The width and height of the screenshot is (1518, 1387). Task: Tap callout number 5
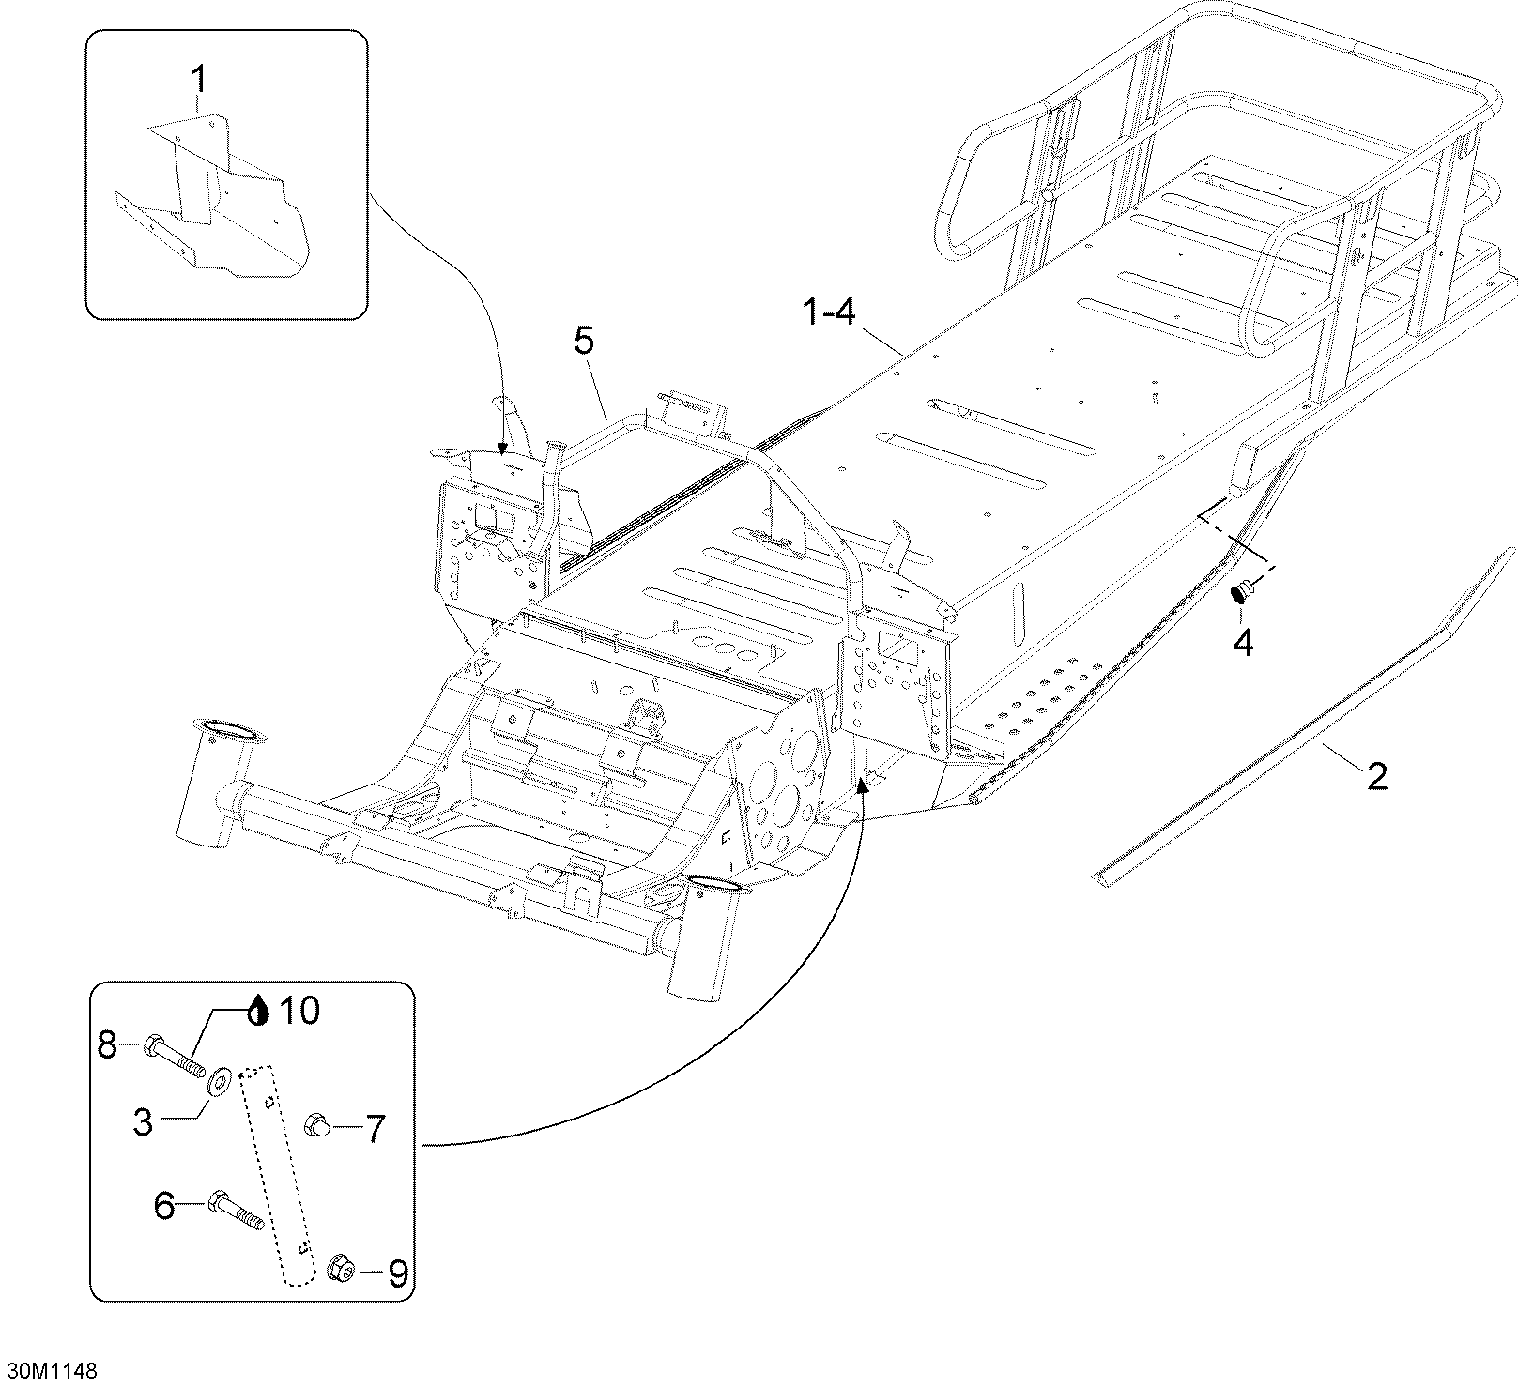tap(584, 342)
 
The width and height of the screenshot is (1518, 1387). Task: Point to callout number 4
tap(1242, 643)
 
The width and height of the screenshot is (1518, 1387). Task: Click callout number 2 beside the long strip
tap(1376, 776)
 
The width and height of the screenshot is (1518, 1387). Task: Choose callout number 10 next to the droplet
tap(299, 1011)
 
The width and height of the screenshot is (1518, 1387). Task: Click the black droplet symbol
tap(260, 1012)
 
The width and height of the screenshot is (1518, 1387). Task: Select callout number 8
tap(108, 1044)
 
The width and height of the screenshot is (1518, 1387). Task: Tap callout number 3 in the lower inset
tap(143, 1122)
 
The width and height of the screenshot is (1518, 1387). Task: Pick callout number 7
tap(375, 1129)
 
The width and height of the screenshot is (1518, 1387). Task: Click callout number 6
tap(164, 1205)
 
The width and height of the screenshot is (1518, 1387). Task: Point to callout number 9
tap(397, 1273)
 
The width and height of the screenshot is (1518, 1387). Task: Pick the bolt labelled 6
tap(235, 1210)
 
